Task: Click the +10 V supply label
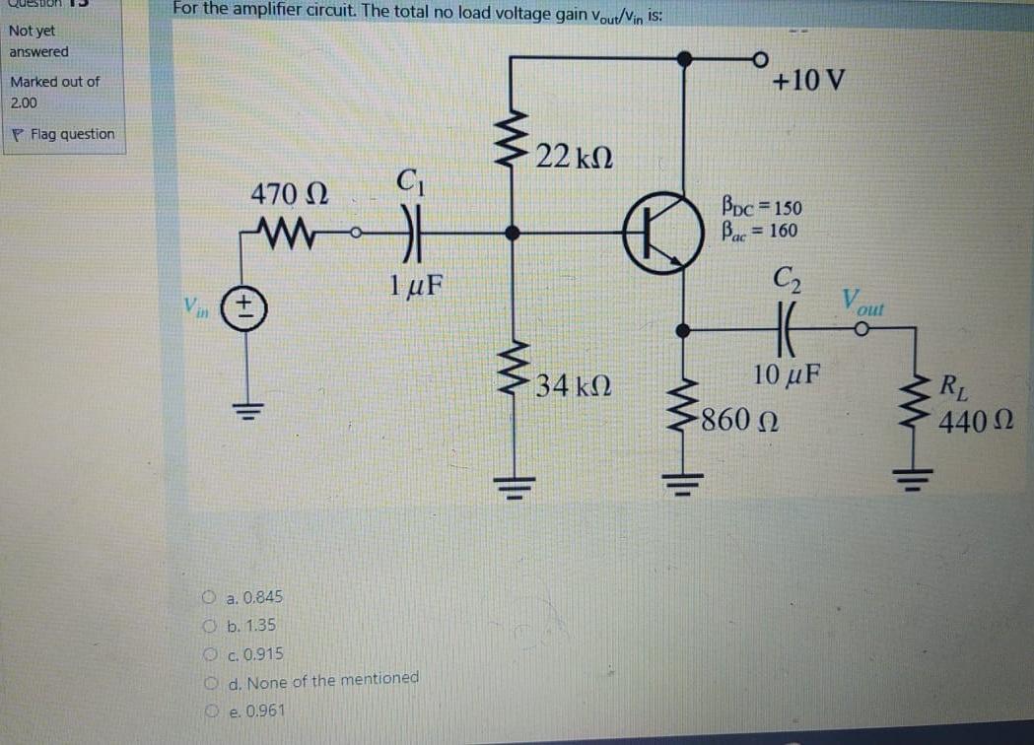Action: click(808, 80)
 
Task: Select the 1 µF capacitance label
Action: click(414, 286)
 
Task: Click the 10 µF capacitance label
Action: click(789, 374)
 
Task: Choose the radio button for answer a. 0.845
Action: click(210, 597)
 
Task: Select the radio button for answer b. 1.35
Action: click(210, 626)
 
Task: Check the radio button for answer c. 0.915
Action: click(210, 654)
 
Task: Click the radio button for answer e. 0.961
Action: click(210, 711)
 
